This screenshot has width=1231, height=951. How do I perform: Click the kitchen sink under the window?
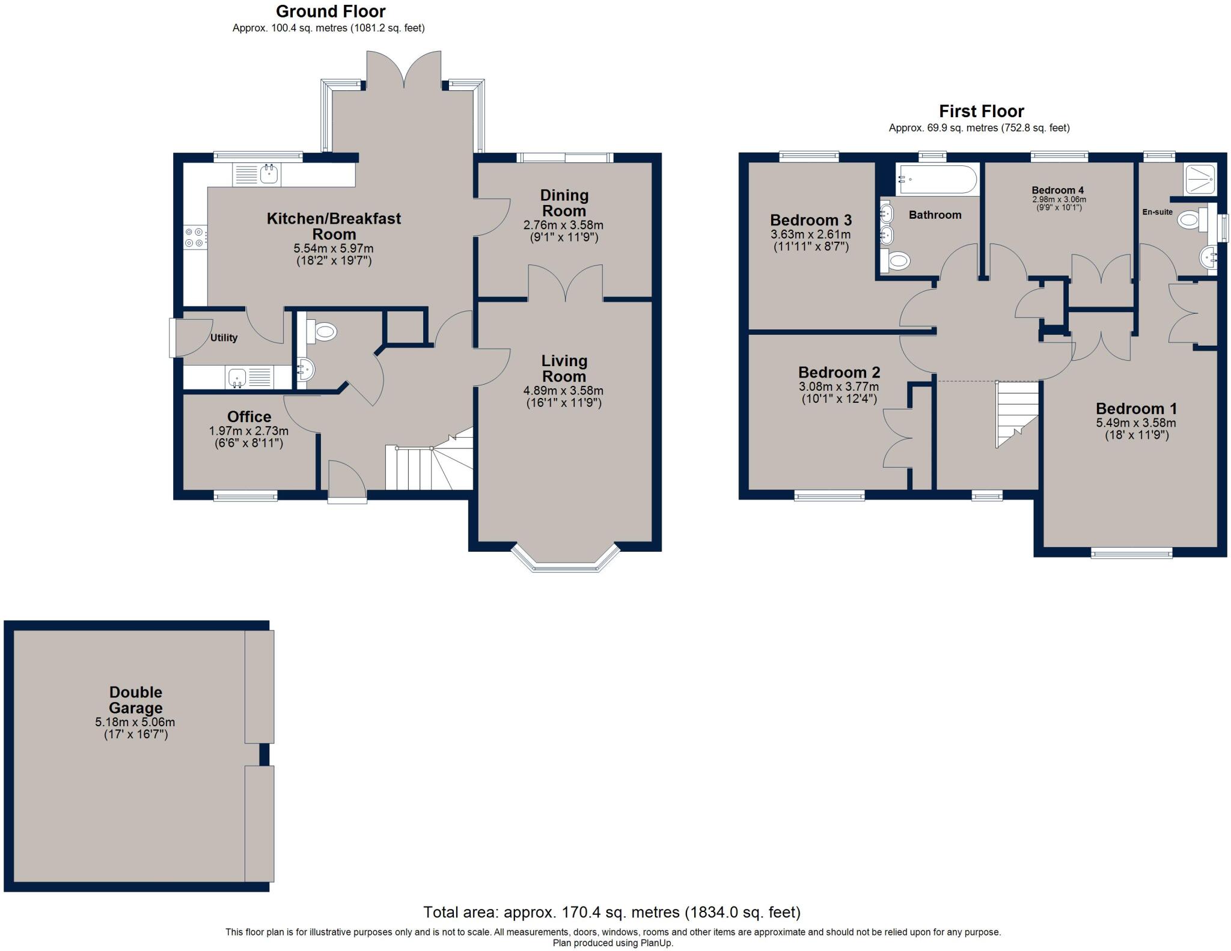pyautogui.click(x=257, y=175)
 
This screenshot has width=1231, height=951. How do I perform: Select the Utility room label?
pyautogui.click(x=224, y=338)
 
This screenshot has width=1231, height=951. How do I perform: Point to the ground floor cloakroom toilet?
pyautogui.click(x=321, y=331)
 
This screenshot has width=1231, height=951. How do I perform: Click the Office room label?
pyautogui.click(x=249, y=417)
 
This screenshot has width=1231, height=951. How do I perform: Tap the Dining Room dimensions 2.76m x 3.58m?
pyautogui.click(x=563, y=225)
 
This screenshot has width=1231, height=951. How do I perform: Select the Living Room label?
pyautogui.click(x=564, y=368)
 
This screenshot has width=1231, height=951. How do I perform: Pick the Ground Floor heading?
pyautogui.click(x=331, y=11)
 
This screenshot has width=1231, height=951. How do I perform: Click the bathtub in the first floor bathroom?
pyautogui.click(x=936, y=179)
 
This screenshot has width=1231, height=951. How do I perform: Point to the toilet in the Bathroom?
pyautogui.click(x=895, y=261)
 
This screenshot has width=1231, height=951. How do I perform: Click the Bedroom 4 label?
pyautogui.click(x=1058, y=190)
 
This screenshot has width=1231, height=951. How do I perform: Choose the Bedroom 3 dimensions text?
pyautogui.click(x=810, y=240)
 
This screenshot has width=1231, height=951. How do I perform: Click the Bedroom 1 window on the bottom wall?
pyautogui.click(x=1131, y=553)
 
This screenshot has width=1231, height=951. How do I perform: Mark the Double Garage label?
pyautogui.click(x=136, y=700)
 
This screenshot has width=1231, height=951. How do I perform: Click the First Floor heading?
pyautogui.click(x=982, y=111)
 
